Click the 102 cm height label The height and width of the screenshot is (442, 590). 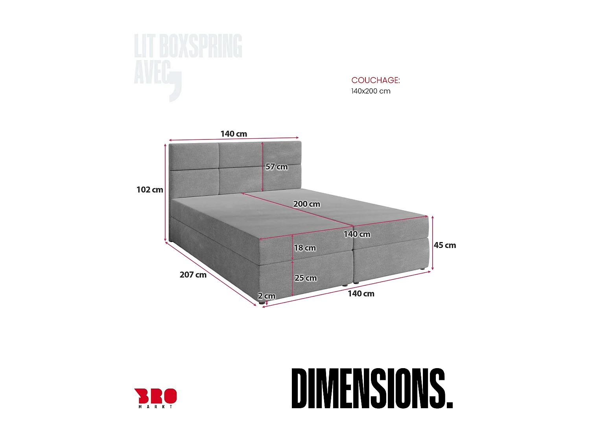coord(149,190)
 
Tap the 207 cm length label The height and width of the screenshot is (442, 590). coord(193,275)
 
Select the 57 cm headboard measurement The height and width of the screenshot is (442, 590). coord(277,167)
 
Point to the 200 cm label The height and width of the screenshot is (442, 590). coord(306,204)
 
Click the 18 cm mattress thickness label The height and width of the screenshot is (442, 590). coord(305,248)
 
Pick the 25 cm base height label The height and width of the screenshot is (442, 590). coord(306,278)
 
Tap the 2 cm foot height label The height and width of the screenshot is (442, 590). coord(266,296)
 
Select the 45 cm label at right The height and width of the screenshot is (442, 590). coord(445,245)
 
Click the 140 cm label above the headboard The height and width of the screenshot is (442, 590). coord(234,134)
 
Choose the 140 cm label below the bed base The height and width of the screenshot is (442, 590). coord(361,293)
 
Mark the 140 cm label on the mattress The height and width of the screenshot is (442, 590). coord(357,234)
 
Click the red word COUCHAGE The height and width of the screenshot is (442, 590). coord(375,80)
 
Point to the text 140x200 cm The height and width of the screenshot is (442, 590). coord(371,91)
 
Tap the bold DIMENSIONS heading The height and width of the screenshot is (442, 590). coord(372,389)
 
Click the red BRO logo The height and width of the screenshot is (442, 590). coord(155,396)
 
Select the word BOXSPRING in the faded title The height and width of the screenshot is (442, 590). coord(200,46)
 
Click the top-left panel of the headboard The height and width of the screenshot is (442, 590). coord(194,156)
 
